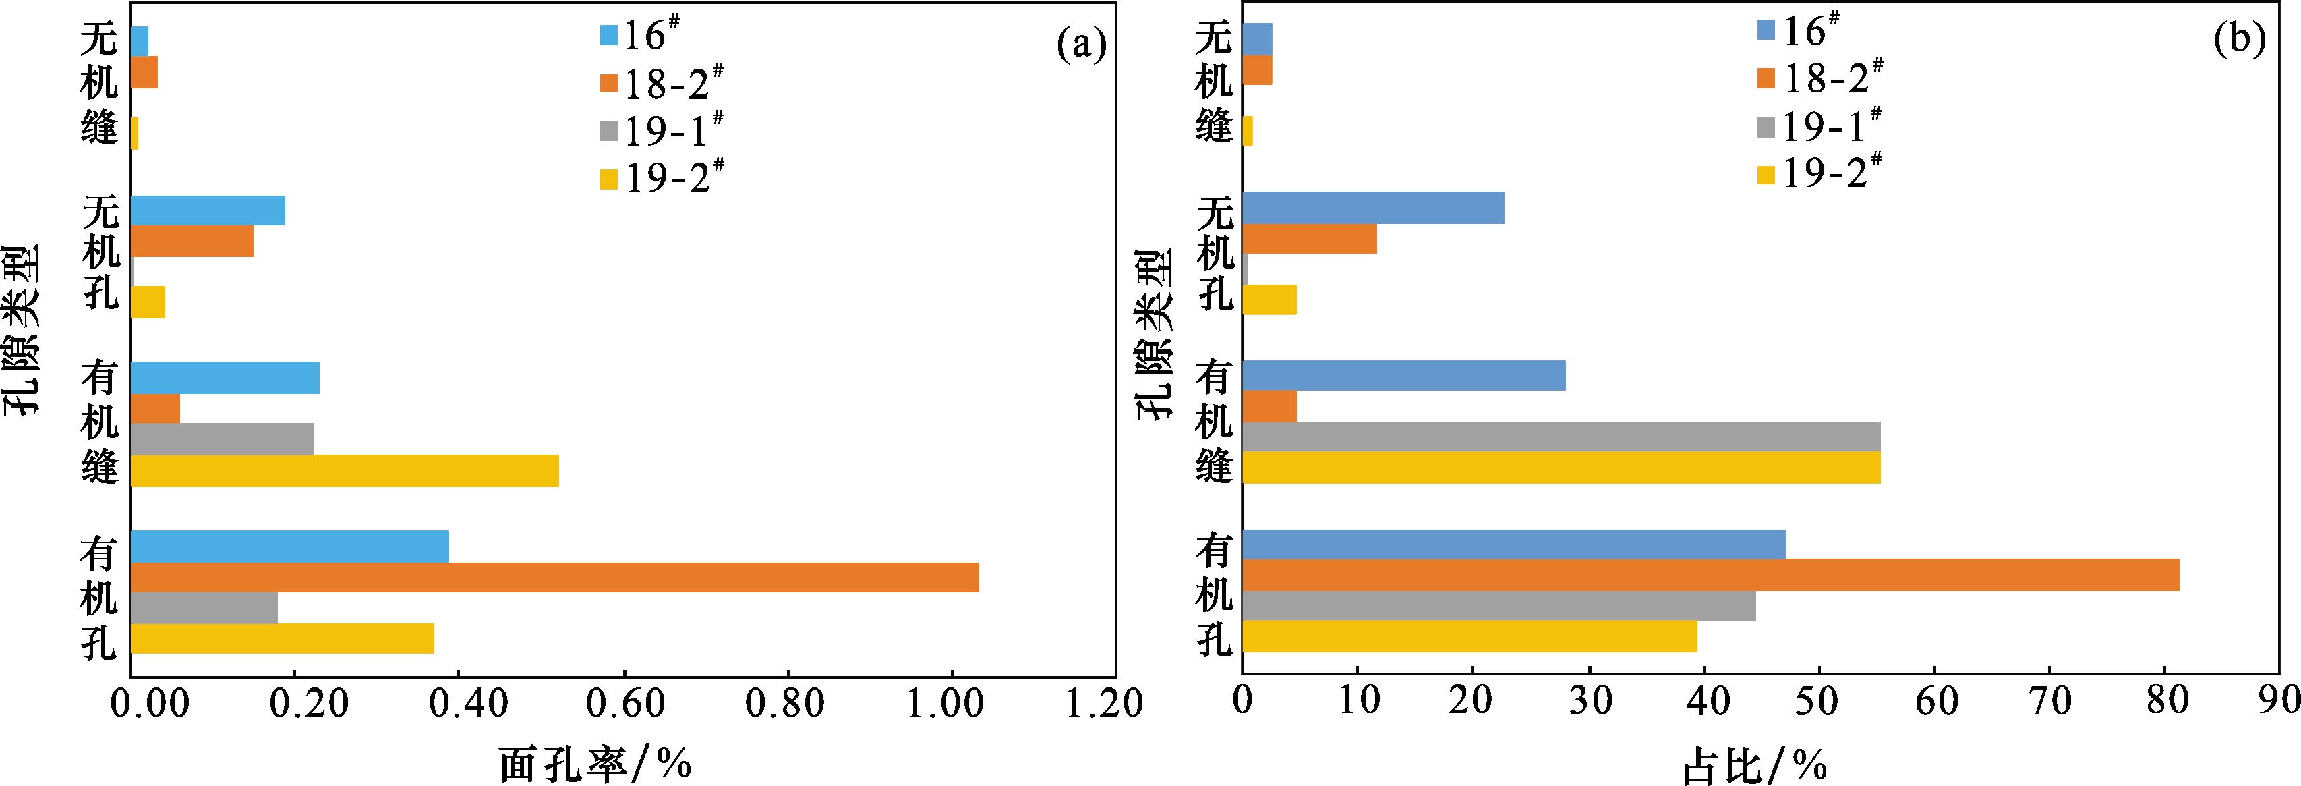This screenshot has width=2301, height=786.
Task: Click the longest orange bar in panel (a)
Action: click(554, 577)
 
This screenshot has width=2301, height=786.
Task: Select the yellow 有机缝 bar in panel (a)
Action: click(345, 471)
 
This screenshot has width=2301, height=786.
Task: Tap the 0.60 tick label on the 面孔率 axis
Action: click(624, 704)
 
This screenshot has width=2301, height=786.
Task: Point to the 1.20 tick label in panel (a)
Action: click(1104, 704)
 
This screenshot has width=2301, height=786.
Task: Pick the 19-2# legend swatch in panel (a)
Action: click(609, 179)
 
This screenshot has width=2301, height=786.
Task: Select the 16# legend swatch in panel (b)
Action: click(1766, 30)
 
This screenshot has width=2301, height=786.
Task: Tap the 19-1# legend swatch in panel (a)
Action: click(609, 132)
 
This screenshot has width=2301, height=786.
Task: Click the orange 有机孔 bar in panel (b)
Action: click(1710, 576)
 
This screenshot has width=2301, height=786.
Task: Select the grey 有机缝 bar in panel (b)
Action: click(1561, 437)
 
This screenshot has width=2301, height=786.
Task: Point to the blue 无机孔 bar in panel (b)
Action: click(1373, 208)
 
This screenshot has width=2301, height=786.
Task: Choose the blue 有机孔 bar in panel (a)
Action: click(289, 546)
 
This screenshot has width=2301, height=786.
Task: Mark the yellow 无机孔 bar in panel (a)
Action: click(148, 302)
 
